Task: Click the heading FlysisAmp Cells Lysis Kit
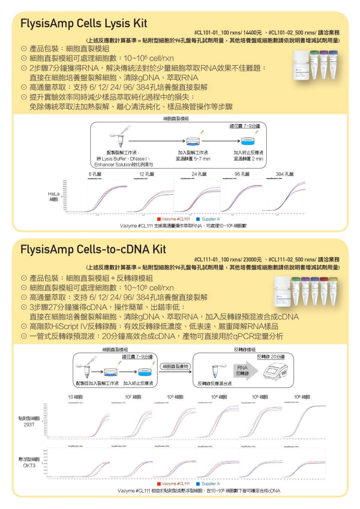84,23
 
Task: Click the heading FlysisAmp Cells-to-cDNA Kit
93,249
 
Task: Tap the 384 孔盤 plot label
284,174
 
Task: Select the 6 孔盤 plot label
95,174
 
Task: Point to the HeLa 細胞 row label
54,197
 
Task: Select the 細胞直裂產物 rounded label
175,366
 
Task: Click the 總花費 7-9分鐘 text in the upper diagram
245,126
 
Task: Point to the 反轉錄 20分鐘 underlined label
271,357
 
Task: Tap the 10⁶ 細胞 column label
302,397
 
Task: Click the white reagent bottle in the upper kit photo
301,65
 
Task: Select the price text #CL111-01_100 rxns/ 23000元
228,259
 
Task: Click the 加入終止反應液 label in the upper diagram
248,152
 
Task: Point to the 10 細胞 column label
75,397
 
